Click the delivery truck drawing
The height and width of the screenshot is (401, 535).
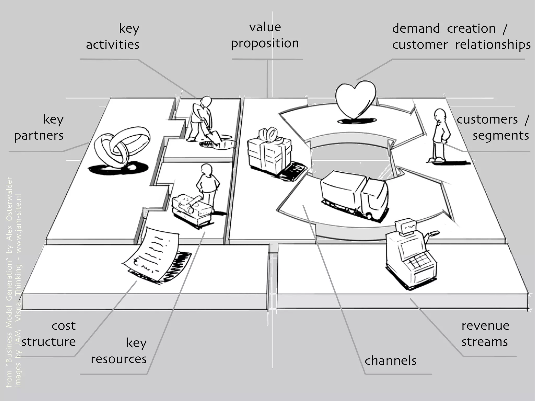tap(355, 195)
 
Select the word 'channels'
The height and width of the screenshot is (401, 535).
tap(390, 361)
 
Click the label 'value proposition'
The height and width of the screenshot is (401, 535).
tap(265, 35)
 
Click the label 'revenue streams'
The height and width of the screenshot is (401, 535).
tap(485, 334)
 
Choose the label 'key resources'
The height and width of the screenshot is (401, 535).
tap(119, 351)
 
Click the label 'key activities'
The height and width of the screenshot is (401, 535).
tap(113, 37)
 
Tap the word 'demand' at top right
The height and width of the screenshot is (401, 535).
tap(416, 28)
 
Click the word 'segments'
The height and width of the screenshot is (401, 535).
tap(501, 136)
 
